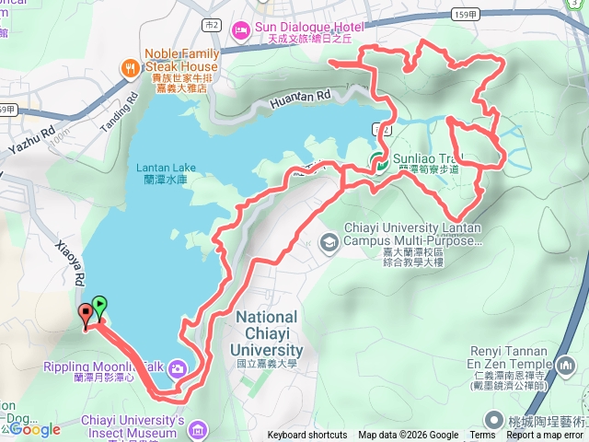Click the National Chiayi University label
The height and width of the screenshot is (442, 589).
[268, 333]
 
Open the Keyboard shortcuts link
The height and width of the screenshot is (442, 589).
[307, 436]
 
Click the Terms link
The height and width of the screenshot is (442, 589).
[481, 436]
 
